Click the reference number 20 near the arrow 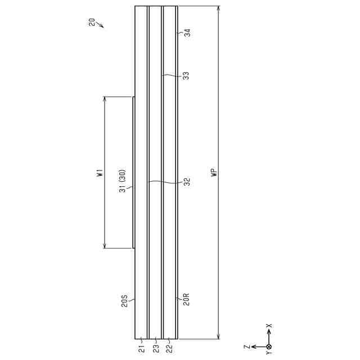click(92, 22)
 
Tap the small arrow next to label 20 click(100, 25)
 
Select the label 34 click(188, 33)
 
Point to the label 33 click(187, 76)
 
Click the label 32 click(187, 182)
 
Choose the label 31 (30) click(123, 181)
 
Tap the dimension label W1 click(100, 173)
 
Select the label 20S click(124, 301)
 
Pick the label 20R click(186, 299)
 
